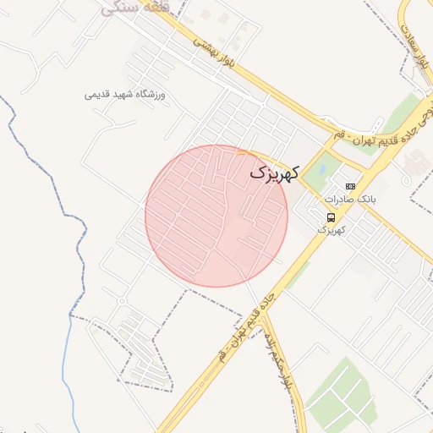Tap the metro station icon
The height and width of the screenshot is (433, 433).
point(330,216)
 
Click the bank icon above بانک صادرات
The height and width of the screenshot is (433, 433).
point(351,186)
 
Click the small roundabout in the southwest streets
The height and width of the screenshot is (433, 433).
point(123,300)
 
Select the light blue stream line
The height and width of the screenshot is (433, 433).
point(66,355)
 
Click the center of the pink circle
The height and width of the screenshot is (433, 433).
point(216,216)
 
